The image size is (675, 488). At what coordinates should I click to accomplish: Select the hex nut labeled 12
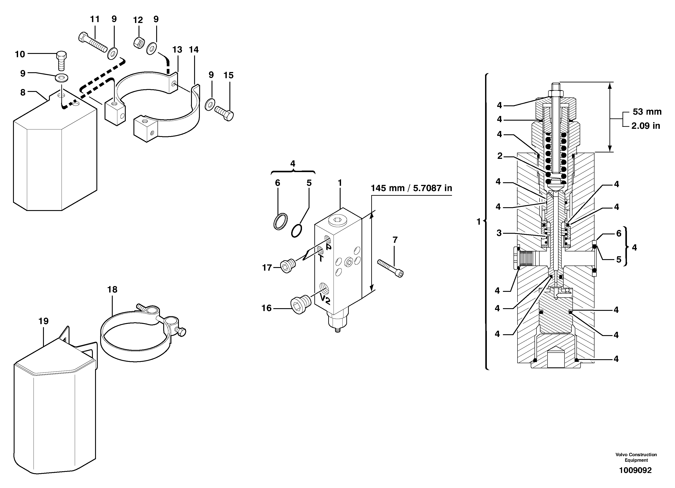[139, 43]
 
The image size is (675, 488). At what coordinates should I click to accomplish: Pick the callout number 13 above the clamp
[177, 49]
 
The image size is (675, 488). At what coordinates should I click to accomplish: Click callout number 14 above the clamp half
[194, 49]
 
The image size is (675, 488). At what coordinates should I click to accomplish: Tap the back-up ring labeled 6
[281, 221]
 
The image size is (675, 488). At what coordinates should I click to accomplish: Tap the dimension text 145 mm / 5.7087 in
[411, 188]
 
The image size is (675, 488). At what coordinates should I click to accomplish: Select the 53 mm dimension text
[647, 112]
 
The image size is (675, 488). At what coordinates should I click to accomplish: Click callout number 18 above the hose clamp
[112, 289]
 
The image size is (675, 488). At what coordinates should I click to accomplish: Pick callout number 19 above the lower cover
[43, 321]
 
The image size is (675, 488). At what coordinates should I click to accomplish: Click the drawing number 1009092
[636, 470]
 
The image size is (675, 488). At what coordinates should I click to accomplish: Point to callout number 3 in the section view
[499, 233]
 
